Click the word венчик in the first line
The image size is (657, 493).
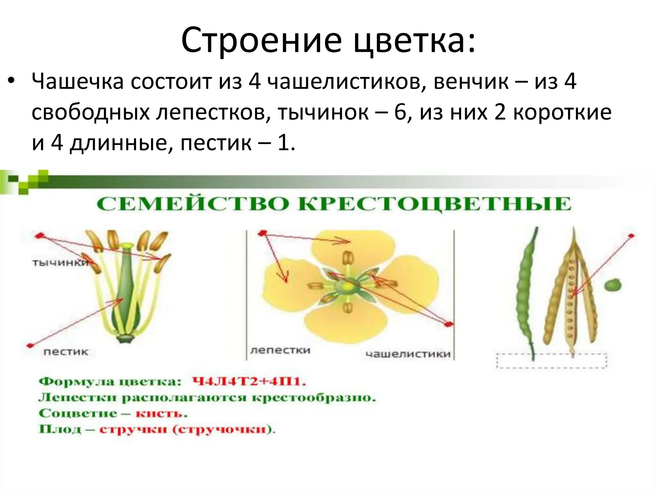[x=471, y=82]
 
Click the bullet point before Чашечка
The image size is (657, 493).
[x=11, y=81]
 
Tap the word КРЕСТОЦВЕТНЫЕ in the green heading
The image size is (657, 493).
[x=435, y=204]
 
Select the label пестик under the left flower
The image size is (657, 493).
[x=66, y=352]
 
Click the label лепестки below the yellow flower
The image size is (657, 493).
[x=280, y=350]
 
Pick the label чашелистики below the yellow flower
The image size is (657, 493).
[x=408, y=354]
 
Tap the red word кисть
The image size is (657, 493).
[x=161, y=413]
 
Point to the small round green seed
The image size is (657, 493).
[x=612, y=285]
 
